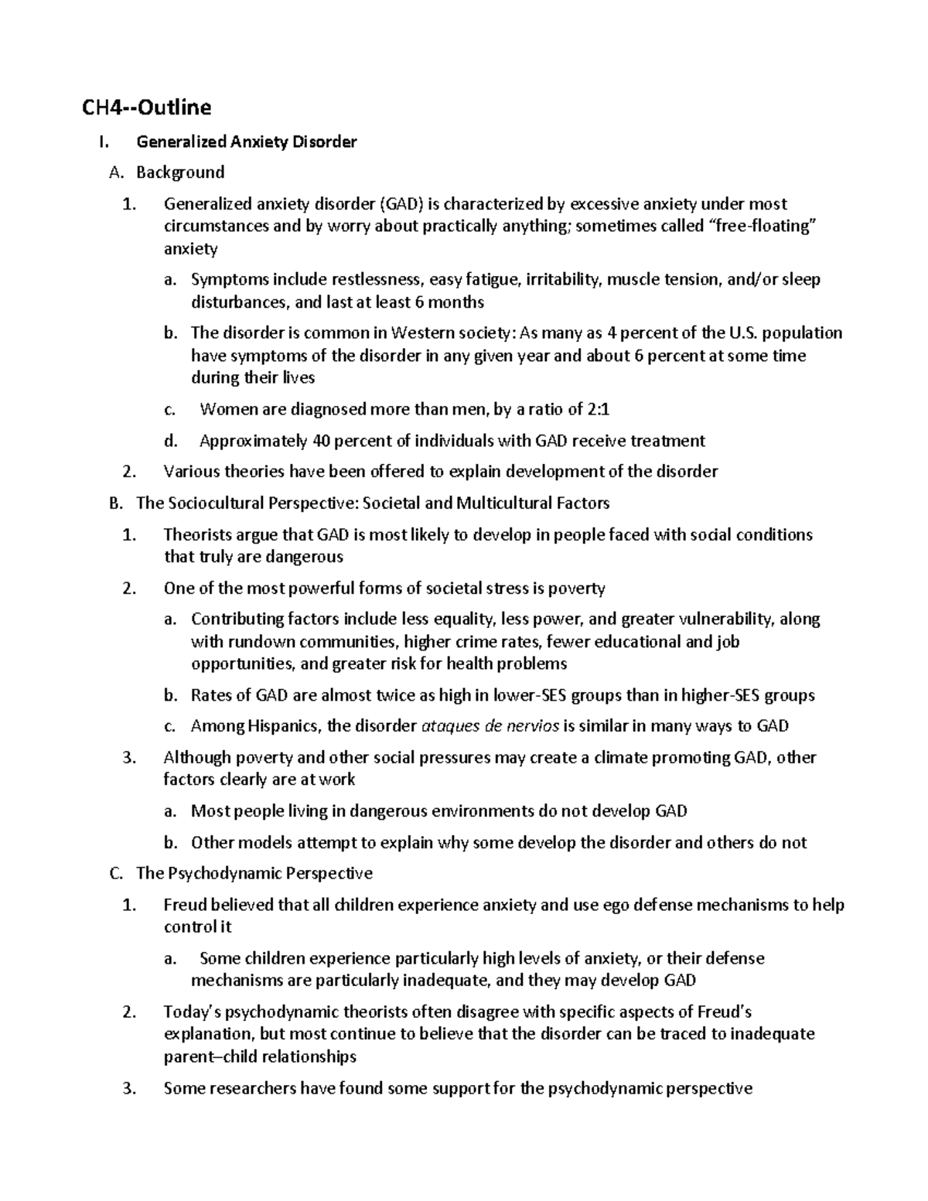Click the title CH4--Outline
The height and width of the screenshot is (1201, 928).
[147, 107]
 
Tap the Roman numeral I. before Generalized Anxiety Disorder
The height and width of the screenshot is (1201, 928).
[115, 142]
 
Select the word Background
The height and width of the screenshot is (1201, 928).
[180, 172]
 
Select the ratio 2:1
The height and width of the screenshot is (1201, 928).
[605, 410]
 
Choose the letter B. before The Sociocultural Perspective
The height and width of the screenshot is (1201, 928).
[116, 503]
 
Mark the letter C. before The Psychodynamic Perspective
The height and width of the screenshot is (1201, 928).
[116, 874]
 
